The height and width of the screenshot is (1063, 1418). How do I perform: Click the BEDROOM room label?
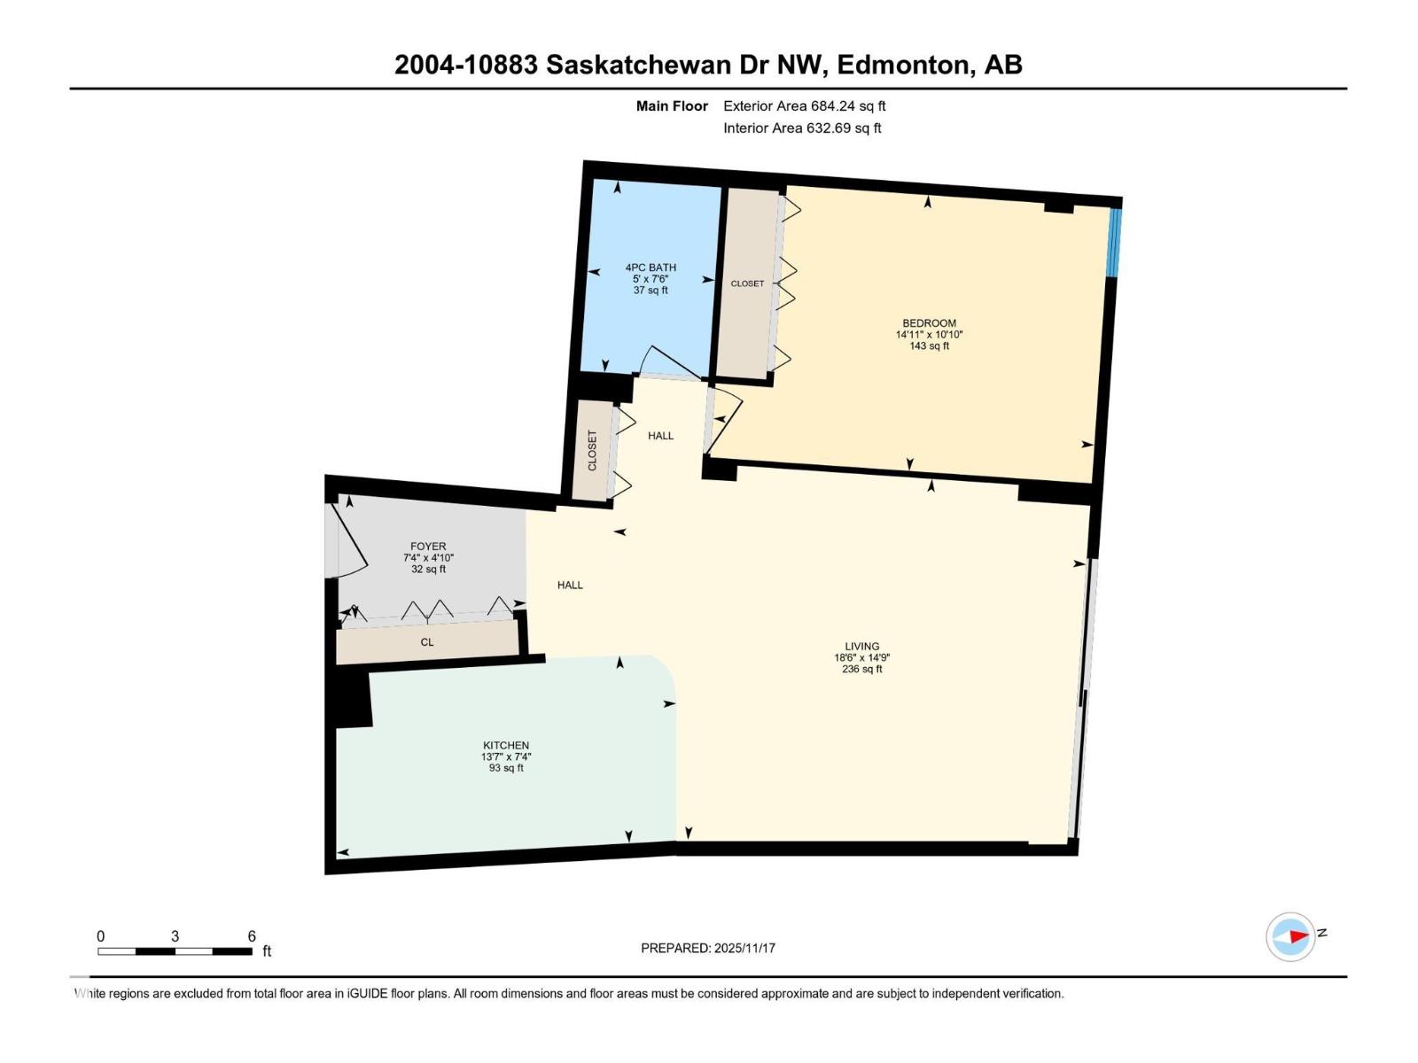[x=929, y=323]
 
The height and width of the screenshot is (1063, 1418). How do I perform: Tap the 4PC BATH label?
[x=651, y=268]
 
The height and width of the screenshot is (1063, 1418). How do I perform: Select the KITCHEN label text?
[x=506, y=746]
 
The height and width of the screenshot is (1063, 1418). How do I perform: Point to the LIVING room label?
[x=861, y=646]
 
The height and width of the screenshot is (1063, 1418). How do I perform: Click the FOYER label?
[x=428, y=546]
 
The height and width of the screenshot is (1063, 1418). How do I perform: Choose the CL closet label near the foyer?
[x=427, y=642]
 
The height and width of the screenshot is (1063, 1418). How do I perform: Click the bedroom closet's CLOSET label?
[x=747, y=283]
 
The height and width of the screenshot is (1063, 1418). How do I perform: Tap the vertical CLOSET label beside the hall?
[x=592, y=451]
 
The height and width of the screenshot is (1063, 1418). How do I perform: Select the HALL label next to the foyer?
[x=570, y=585]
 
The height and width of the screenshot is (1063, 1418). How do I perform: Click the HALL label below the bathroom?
[x=660, y=436]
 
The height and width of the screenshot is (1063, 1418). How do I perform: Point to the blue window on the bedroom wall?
[x=1115, y=242]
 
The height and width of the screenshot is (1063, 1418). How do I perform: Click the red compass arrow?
[x=1298, y=935]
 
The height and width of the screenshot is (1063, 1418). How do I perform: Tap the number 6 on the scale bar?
[x=252, y=935]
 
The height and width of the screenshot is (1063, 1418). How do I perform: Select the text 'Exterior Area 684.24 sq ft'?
[x=805, y=105]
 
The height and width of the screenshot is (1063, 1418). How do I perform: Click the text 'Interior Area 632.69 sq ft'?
[x=802, y=128]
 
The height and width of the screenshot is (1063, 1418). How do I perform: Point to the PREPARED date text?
[x=708, y=948]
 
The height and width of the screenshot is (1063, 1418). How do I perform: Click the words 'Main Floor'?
[x=672, y=105]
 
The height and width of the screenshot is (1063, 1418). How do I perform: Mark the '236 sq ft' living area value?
[x=861, y=669]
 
